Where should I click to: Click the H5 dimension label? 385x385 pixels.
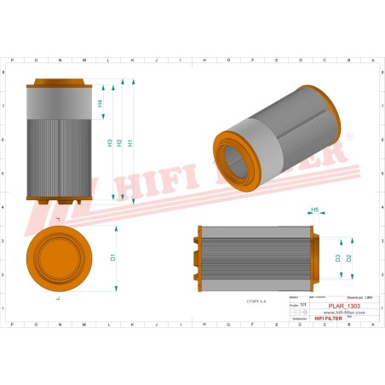[314, 209]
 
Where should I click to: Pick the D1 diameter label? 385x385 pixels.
[113, 257]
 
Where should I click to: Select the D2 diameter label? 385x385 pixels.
[348, 257]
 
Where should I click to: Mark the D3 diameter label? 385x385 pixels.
[337, 257]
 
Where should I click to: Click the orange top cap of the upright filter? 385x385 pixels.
[58, 84]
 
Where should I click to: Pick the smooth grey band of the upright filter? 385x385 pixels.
[58, 104]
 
